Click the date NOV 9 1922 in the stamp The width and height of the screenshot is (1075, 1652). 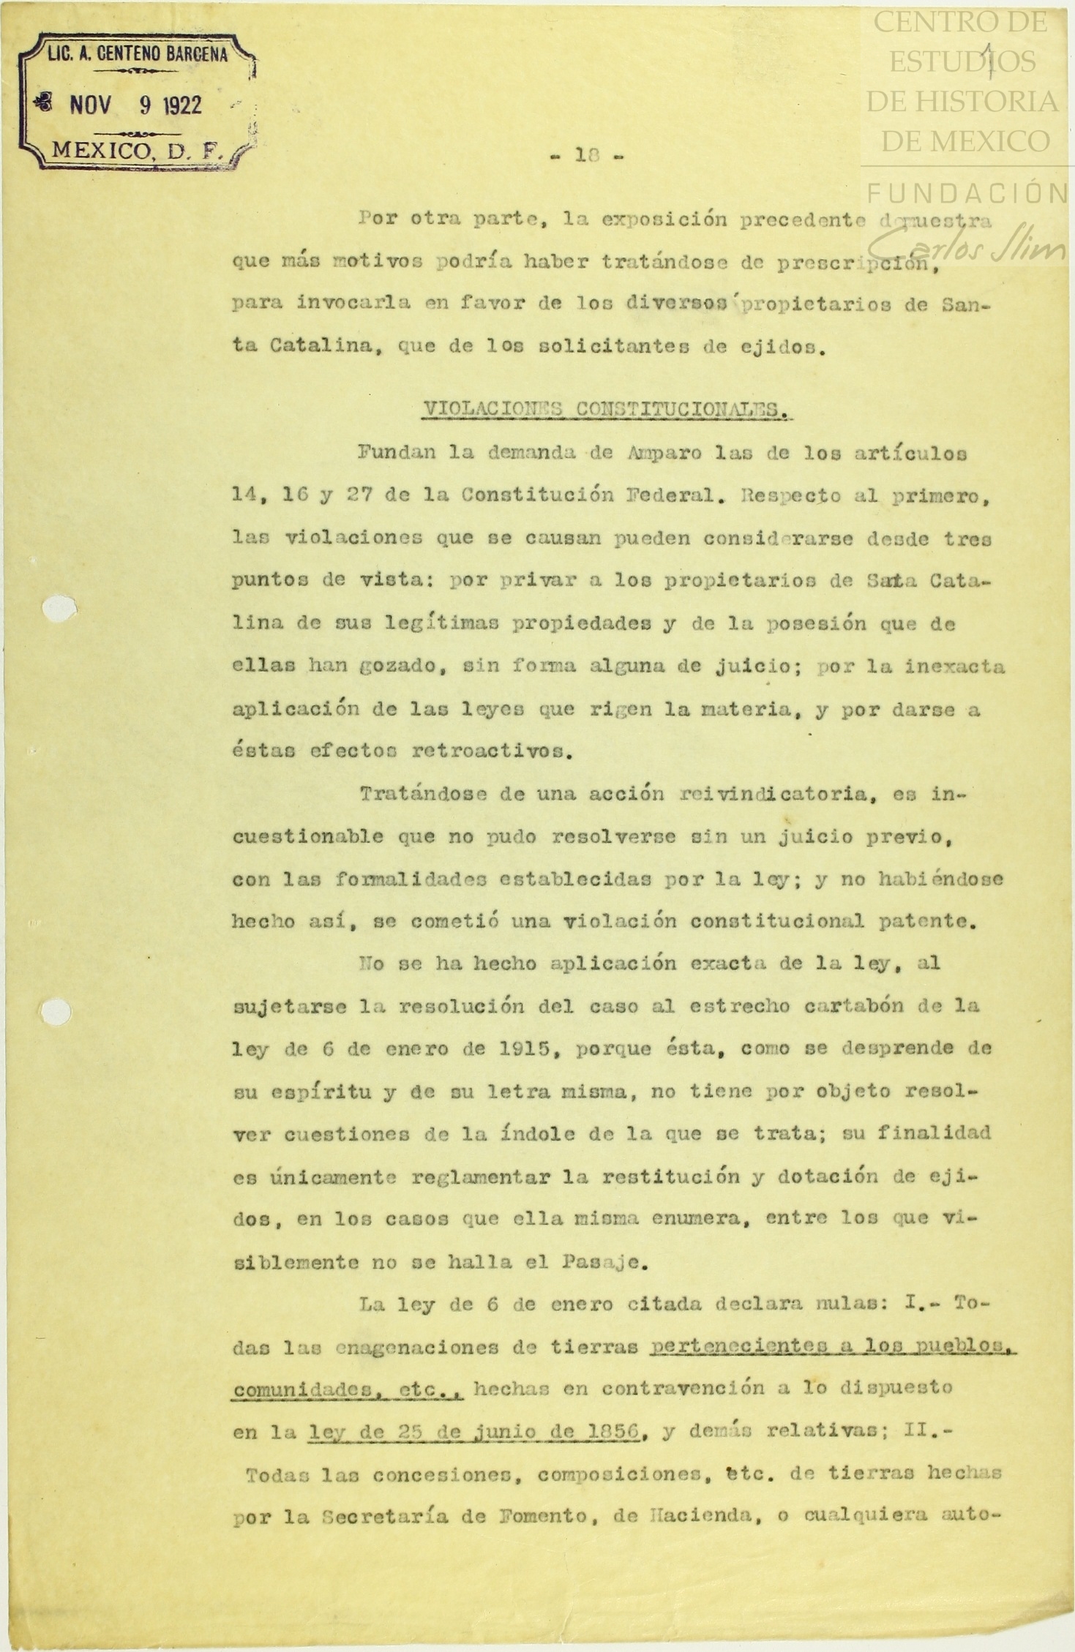135,105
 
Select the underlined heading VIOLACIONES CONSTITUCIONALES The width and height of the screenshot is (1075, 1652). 607,410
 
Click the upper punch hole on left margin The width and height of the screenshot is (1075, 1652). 59,608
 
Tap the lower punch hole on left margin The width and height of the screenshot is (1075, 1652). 56,1011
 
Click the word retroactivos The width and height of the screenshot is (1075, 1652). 491,751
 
